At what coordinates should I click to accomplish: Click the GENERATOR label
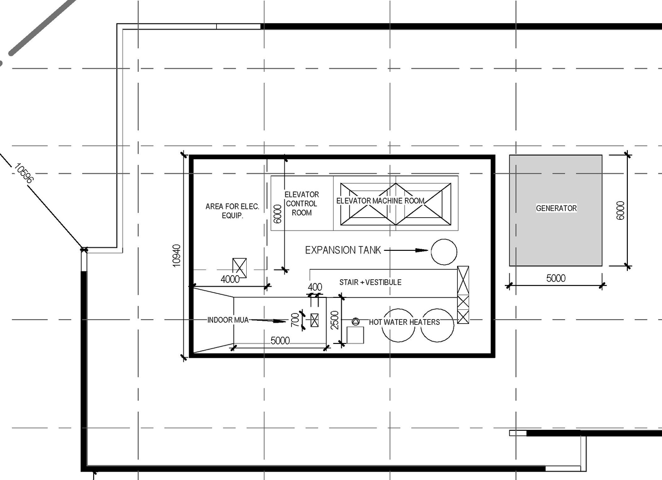point(556,208)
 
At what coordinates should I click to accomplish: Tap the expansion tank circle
point(444,252)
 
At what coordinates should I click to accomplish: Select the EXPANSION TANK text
point(343,250)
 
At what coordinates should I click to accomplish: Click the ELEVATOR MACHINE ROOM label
point(380,201)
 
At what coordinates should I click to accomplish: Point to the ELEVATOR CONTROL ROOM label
point(302,203)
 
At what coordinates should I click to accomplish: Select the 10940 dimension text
point(177,255)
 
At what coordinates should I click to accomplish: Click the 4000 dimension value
point(230,279)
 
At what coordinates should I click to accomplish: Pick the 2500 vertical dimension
point(335,320)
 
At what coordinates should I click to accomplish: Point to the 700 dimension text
point(295,320)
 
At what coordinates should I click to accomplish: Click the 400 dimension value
point(315,287)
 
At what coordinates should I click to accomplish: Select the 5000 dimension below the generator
point(556,278)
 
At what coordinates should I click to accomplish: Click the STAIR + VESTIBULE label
point(370,282)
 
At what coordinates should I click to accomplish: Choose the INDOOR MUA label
point(228,320)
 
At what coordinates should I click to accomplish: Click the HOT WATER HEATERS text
point(404,322)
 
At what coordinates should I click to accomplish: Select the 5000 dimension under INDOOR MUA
point(280,341)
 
